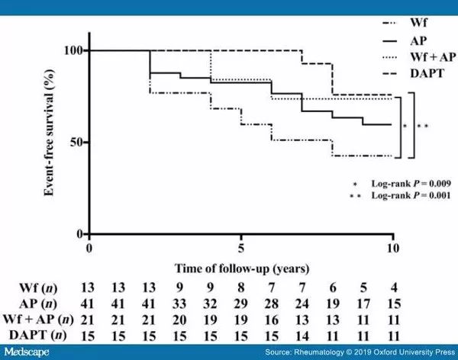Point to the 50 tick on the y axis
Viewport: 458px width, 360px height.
[x=76, y=142]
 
